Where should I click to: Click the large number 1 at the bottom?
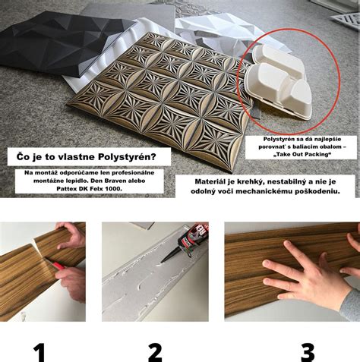39,351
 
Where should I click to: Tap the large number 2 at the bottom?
155,351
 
